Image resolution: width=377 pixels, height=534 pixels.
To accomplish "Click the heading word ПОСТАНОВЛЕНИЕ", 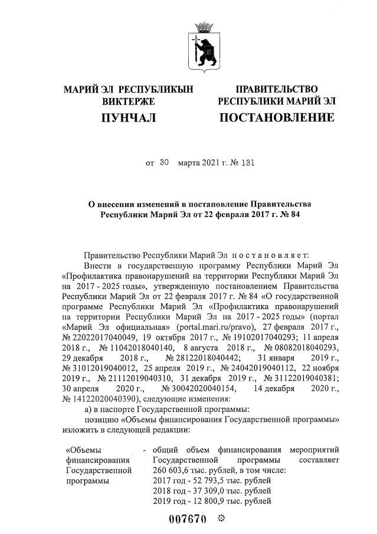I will [276, 118].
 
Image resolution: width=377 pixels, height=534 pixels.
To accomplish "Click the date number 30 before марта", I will [164, 160].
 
